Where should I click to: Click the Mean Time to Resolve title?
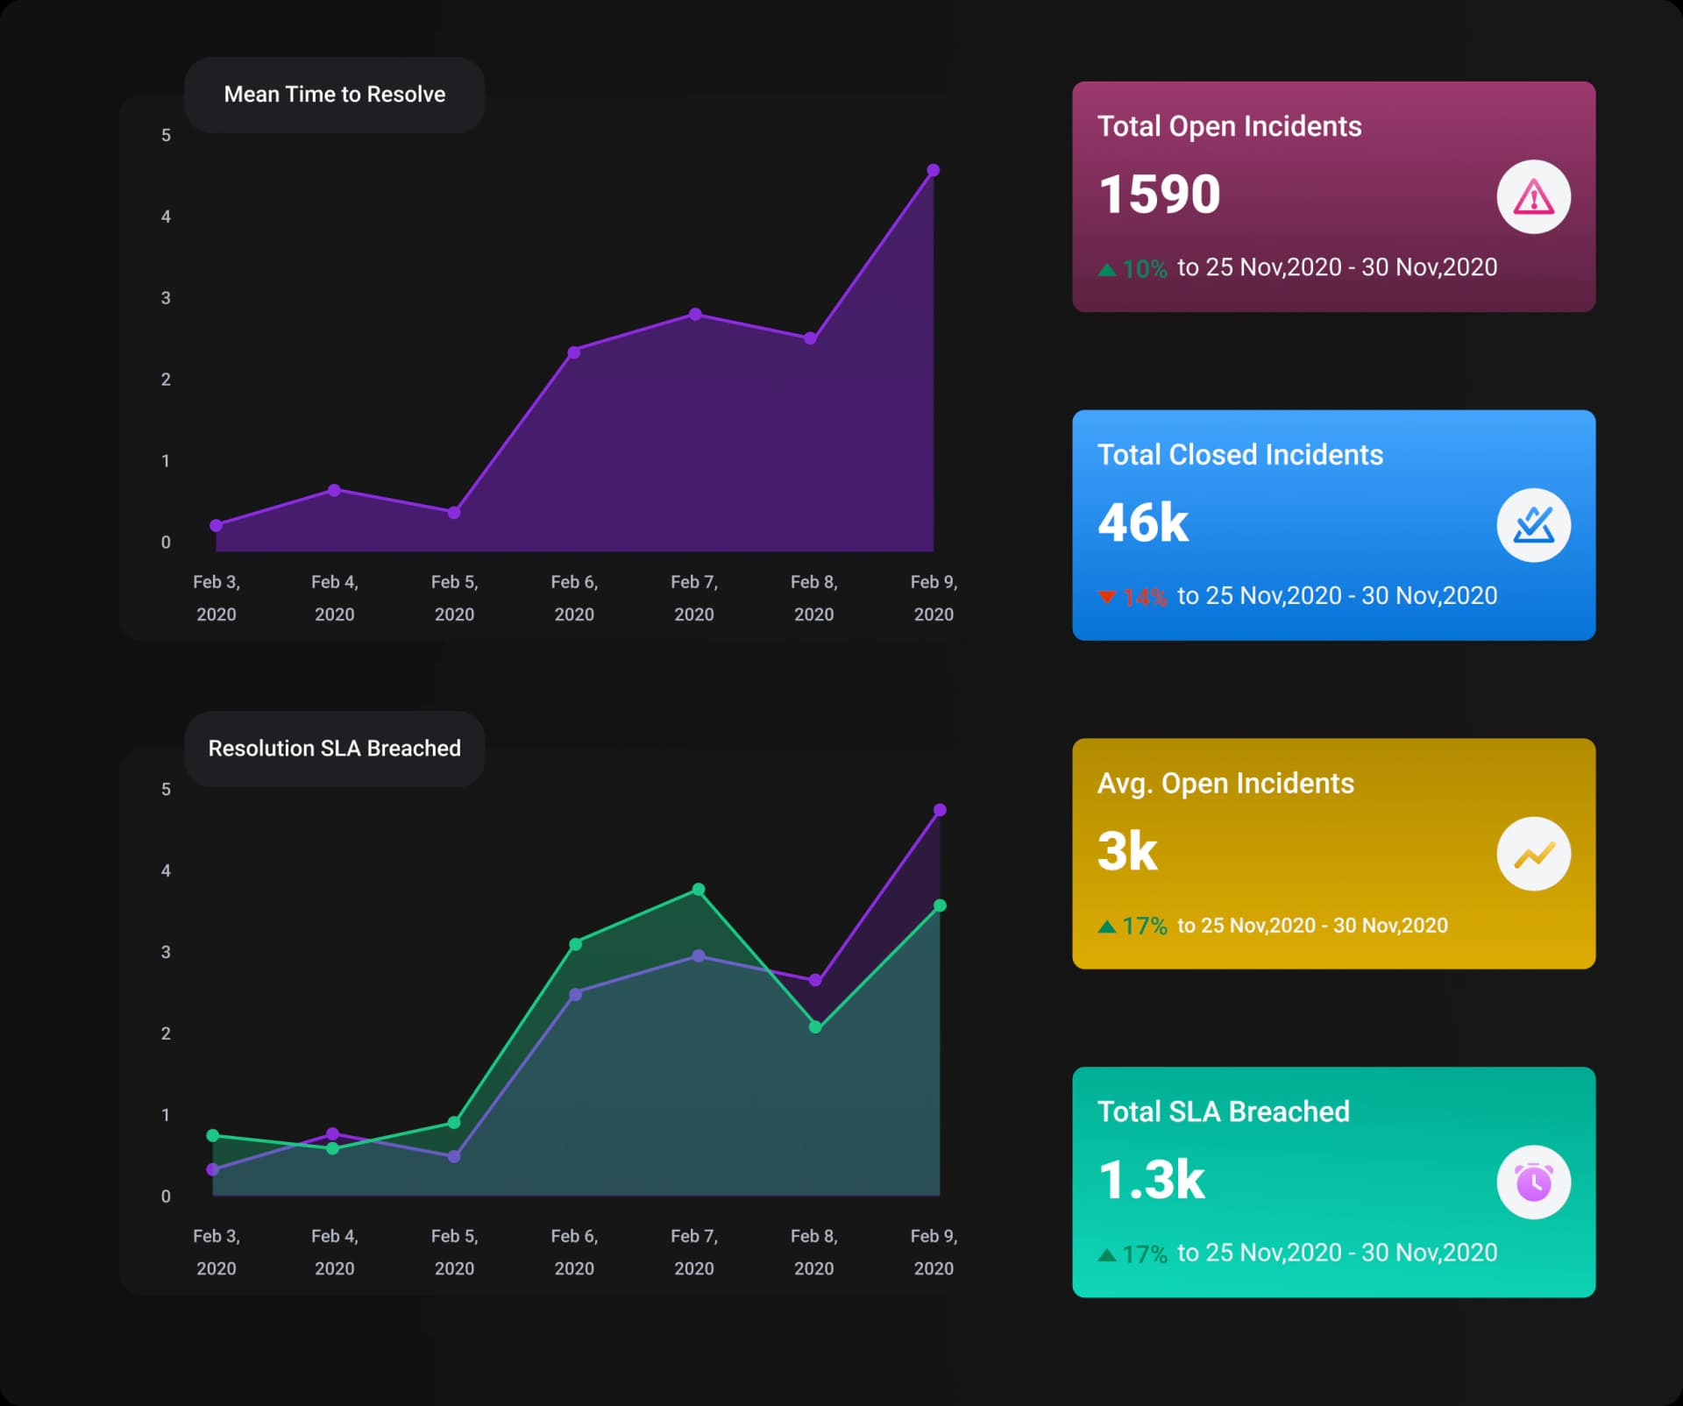pos(334,95)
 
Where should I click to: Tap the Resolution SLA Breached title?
pos(334,749)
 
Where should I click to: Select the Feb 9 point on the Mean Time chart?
pos(933,170)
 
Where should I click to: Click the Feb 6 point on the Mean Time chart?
pos(574,352)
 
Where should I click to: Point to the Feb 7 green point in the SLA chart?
pos(699,890)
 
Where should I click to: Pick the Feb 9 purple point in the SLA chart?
pos(940,810)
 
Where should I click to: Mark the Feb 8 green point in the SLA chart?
pos(815,1026)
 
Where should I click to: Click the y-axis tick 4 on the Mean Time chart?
pos(166,217)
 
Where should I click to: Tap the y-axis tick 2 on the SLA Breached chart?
pos(166,1033)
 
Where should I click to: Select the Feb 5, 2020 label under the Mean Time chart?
pos(454,598)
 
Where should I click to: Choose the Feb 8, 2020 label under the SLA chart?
pos(813,1252)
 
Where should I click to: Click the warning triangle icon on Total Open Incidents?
pos(1533,197)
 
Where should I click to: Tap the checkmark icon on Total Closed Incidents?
pos(1533,525)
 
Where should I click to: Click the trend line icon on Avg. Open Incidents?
pos(1533,854)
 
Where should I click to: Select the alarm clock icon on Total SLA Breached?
pos(1533,1182)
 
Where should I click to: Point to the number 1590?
pos(1159,194)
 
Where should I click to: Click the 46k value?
pos(1143,522)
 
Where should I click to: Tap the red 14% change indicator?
pos(1134,597)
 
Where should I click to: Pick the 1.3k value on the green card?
pos(1151,1180)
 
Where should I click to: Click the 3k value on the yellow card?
pos(1127,851)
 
